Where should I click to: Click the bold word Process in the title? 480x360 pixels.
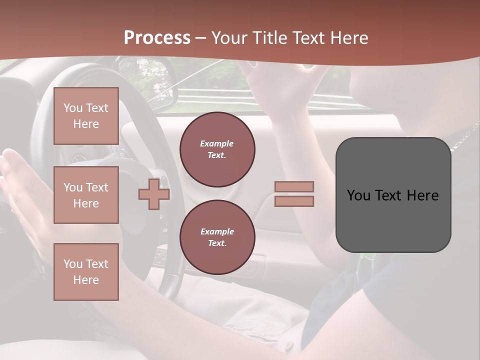157,38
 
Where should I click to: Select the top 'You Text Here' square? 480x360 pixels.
86,116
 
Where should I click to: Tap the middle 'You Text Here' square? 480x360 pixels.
86,195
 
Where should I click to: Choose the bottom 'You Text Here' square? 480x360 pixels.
86,271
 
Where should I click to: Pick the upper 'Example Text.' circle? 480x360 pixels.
217,149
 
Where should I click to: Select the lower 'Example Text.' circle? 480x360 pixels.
217,237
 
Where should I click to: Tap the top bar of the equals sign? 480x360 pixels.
294,186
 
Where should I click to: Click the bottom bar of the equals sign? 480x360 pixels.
294,201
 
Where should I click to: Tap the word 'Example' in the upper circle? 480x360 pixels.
217,143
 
